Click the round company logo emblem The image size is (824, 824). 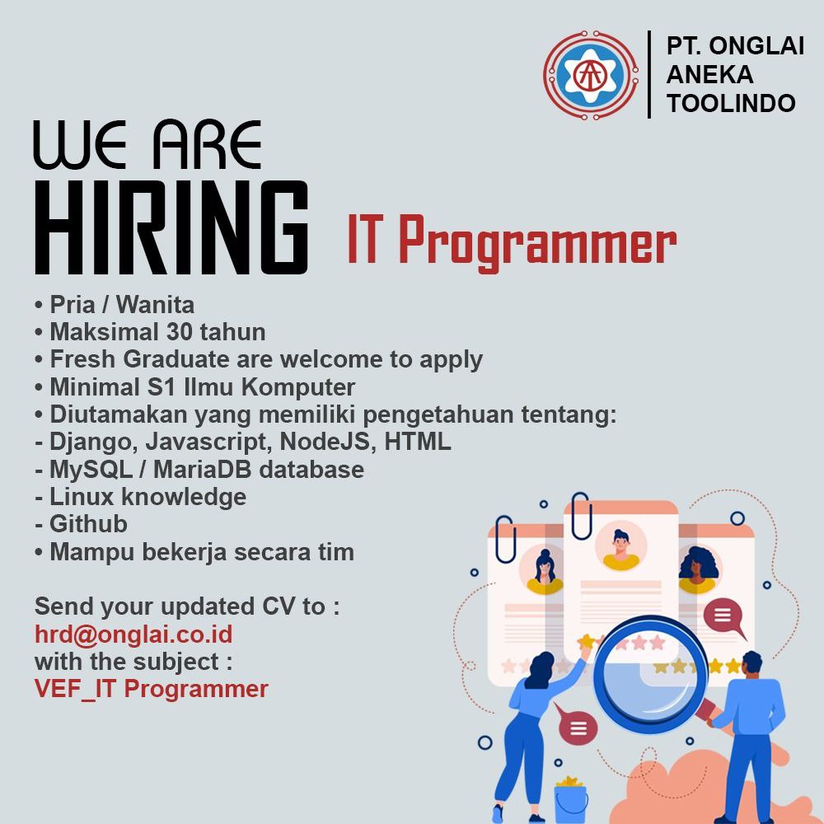point(591,75)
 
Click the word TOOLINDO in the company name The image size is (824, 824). point(731,103)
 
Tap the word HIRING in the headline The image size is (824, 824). point(171,227)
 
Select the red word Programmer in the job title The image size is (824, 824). point(537,241)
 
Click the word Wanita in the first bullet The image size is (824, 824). point(155,305)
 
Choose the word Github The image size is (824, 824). point(88,524)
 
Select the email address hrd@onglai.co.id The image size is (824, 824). point(133,634)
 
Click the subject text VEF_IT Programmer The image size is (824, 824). point(152,689)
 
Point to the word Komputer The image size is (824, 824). point(298,387)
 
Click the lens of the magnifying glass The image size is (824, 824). point(652,675)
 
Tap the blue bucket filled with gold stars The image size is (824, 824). point(571,798)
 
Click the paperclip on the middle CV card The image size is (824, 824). point(581,516)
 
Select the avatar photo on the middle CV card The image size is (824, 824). point(621,546)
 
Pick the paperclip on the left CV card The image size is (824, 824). point(506,540)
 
